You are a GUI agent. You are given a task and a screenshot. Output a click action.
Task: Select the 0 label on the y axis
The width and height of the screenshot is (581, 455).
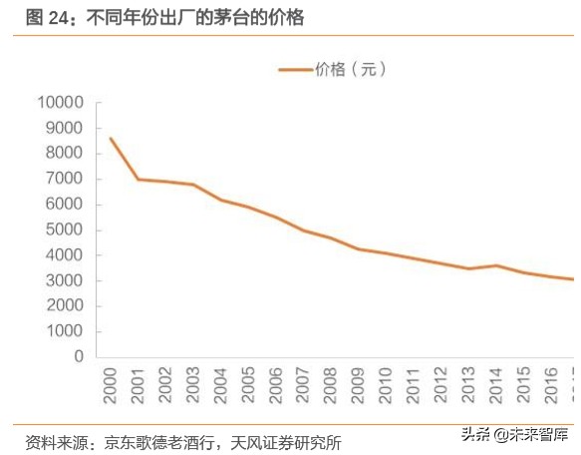click(x=79, y=356)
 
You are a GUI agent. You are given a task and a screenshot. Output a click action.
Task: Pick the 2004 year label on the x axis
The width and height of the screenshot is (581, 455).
click(x=221, y=384)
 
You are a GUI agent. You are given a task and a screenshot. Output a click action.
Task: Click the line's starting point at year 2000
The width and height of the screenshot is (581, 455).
click(x=110, y=138)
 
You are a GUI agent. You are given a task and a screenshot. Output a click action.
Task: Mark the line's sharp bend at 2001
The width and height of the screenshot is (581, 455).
click(x=138, y=180)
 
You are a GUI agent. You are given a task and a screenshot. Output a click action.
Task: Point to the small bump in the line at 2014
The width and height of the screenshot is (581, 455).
click(x=496, y=265)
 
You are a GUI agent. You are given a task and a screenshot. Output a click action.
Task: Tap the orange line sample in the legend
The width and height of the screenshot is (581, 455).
click(x=295, y=69)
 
